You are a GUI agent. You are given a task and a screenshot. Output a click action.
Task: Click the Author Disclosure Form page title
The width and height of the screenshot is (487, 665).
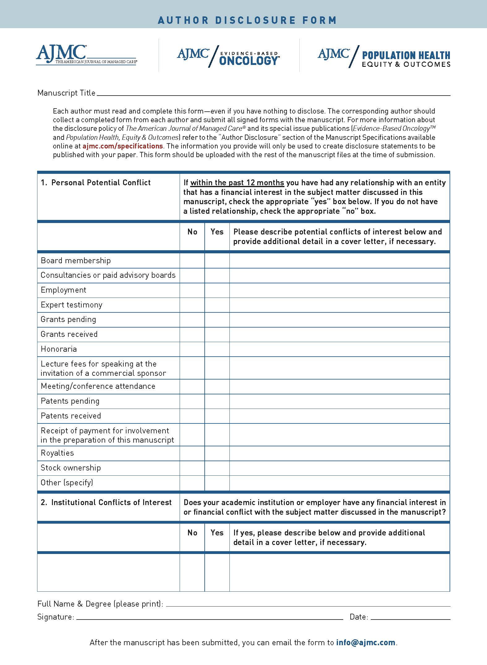[247, 20]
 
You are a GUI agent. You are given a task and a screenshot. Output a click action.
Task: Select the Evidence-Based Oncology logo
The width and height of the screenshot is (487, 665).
[228, 56]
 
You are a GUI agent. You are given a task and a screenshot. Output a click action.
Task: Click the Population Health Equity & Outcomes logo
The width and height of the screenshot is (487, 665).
[384, 56]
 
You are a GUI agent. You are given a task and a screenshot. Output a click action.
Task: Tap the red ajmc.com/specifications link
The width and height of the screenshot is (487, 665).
[122, 146]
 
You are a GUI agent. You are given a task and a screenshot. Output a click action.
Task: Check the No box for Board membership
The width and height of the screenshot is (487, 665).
[192, 260]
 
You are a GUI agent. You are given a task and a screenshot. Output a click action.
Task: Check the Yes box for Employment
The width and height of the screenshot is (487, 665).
[217, 290]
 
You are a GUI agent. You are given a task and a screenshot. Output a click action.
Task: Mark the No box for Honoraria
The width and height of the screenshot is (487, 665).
[192, 349]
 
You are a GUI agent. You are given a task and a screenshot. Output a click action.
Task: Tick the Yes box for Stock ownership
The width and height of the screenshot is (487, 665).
[217, 468]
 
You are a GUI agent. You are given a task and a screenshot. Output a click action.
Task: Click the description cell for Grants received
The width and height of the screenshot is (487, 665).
[339, 334]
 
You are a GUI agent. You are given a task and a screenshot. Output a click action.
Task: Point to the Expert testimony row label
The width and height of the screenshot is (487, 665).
[71, 305]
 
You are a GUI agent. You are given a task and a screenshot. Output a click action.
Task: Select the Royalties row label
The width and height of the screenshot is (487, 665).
[57, 453]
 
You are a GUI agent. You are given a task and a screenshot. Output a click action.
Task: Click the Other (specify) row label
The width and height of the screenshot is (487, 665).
[67, 483]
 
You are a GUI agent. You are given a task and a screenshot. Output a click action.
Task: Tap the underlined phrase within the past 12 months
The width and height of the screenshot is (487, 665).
[237, 183]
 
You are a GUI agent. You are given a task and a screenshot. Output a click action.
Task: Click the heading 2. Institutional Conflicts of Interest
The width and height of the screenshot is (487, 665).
[106, 502]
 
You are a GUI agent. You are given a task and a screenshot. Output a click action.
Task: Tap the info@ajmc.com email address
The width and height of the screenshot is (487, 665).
[365, 642]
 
